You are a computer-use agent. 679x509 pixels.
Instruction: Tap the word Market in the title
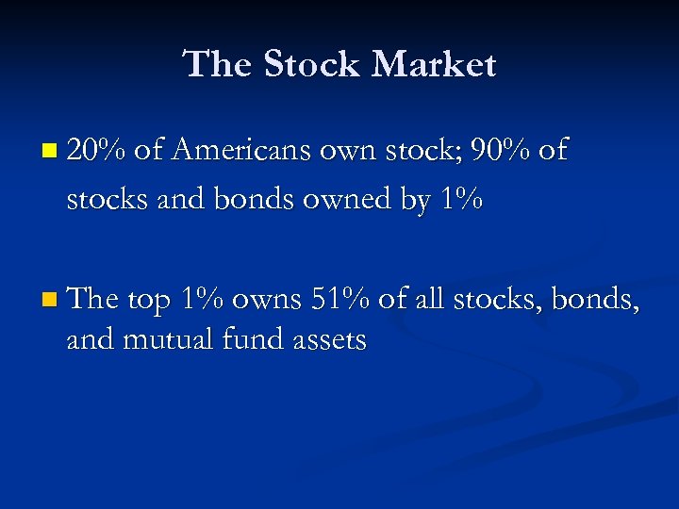[434, 64]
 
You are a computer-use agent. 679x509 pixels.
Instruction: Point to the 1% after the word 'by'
[458, 199]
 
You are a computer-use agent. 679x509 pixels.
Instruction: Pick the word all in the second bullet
[430, 300]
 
